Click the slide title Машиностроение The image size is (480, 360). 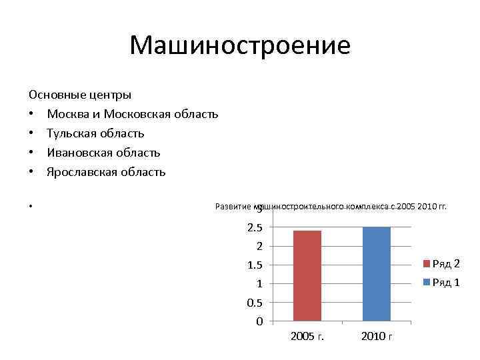click(240, 45)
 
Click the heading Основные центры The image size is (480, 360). click(80, 95)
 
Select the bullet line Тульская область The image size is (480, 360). click(95, 133)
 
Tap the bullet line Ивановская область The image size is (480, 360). click(103, 153)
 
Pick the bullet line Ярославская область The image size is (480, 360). click(106, 172)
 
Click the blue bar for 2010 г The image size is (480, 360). click(377, 274)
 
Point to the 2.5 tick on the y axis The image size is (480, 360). click(255, 228)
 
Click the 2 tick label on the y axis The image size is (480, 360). click(259, 247)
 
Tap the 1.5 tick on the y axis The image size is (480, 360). click(255, 265)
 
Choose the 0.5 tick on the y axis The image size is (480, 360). click(255, 303)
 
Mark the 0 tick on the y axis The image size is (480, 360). click(259, 321)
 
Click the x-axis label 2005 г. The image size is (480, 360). click(307, 336)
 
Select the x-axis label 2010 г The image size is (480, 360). click(377, 336)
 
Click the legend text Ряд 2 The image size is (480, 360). click(446, 263)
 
